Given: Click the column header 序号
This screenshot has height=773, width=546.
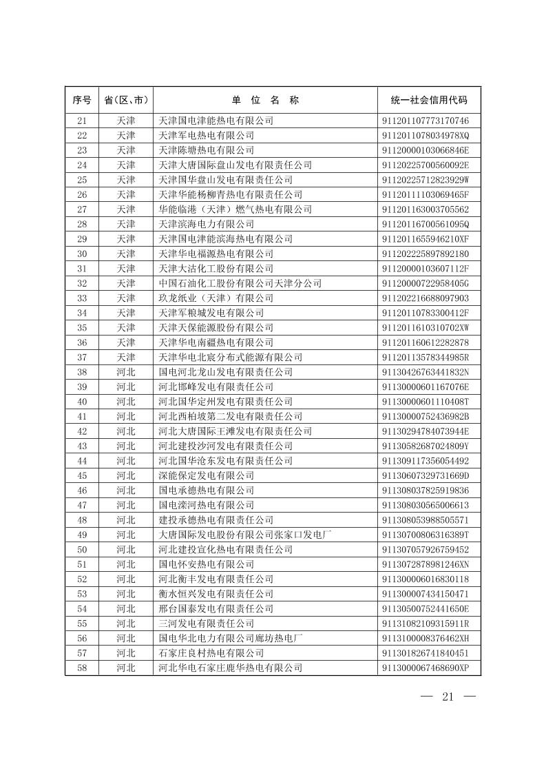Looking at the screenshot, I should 81,100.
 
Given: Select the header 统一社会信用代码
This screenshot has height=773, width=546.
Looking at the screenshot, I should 428,100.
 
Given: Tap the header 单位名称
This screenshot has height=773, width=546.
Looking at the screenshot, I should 265,100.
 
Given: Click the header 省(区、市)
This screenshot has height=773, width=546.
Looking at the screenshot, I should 126,100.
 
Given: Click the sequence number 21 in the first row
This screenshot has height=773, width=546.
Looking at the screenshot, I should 81,121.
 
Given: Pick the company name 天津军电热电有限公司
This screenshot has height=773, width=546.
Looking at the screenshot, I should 206,136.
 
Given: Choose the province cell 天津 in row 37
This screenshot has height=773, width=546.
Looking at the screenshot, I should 126,358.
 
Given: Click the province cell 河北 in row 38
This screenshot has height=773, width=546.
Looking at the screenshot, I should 126,372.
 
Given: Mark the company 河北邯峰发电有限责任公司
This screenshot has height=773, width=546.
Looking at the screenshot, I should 216,387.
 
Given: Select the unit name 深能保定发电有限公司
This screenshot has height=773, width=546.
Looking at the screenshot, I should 206,476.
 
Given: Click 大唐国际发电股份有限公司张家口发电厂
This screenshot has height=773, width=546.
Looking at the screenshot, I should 244,535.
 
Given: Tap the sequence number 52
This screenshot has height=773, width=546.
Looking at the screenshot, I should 81,579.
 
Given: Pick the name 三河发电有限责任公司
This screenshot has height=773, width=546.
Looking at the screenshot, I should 206,624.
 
